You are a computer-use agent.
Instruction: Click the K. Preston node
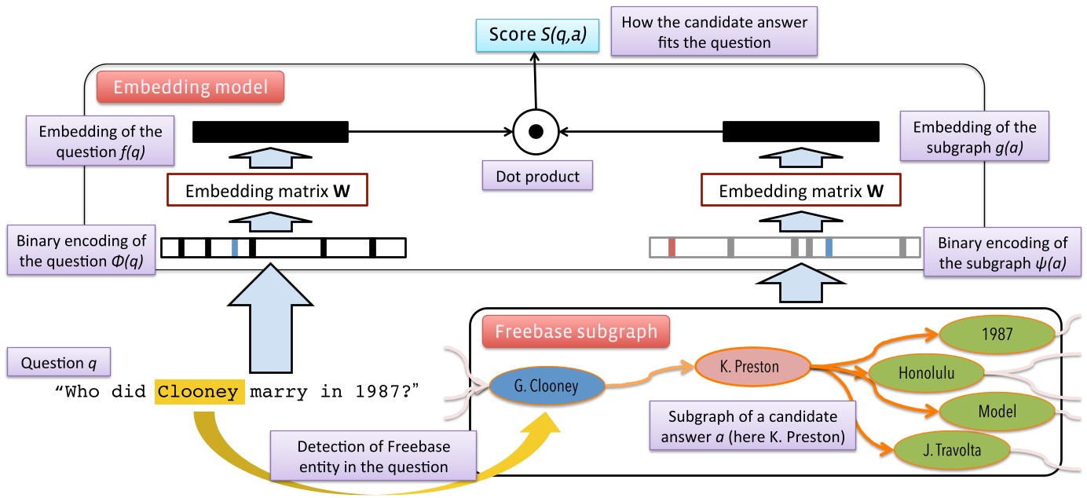pyautogui.click(x=752, y=366)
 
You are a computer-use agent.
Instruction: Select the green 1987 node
pyautogui.click(x=993, y=332)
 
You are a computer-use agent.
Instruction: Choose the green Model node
pyautogui.click(x=997, y=412)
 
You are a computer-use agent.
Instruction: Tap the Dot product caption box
pyautogui.click(x=537, y=177)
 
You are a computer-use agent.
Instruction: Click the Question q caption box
pyautogui.click(x=58, y=363)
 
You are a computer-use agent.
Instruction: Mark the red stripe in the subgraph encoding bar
pyautogui.click(x=672, y=248)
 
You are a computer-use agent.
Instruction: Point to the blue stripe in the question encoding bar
pyautogui.click(x=235, y=248)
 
